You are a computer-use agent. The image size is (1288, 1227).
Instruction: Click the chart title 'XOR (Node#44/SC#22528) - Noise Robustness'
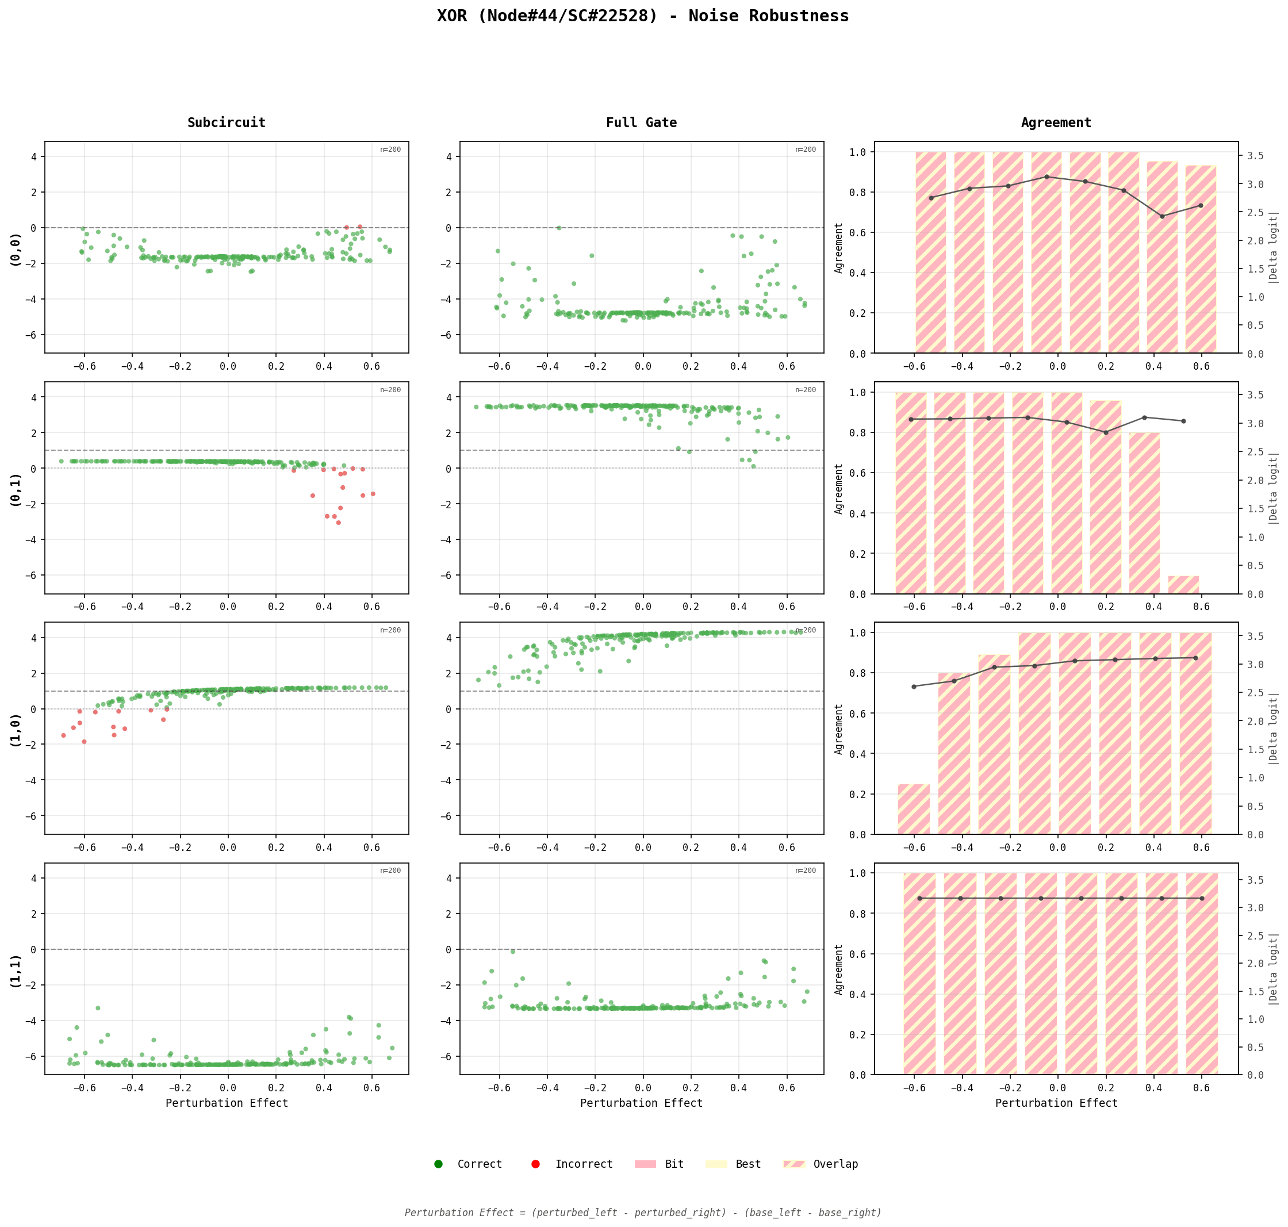pos(643,16)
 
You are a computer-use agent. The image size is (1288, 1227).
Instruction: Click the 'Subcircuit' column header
pos(227,122)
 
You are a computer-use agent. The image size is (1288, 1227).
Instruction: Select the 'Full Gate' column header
pos(641,122)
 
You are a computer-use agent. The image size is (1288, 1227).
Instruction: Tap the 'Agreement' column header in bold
pos(1056,122)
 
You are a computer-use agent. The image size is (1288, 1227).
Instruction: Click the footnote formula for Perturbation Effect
pos(643,1212)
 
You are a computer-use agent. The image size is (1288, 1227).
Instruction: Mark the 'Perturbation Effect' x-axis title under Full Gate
pos(641,1103)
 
